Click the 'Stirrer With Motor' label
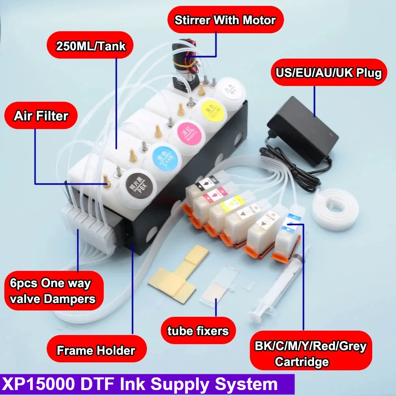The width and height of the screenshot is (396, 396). [225, 20]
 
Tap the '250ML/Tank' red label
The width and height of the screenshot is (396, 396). [91, 46]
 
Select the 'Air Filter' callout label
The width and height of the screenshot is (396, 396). [41, 116]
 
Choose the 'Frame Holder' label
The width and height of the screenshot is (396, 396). [96, 350]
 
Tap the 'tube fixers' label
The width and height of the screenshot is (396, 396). [198, 330]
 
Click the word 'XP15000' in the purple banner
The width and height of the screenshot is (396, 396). [37, 385]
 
